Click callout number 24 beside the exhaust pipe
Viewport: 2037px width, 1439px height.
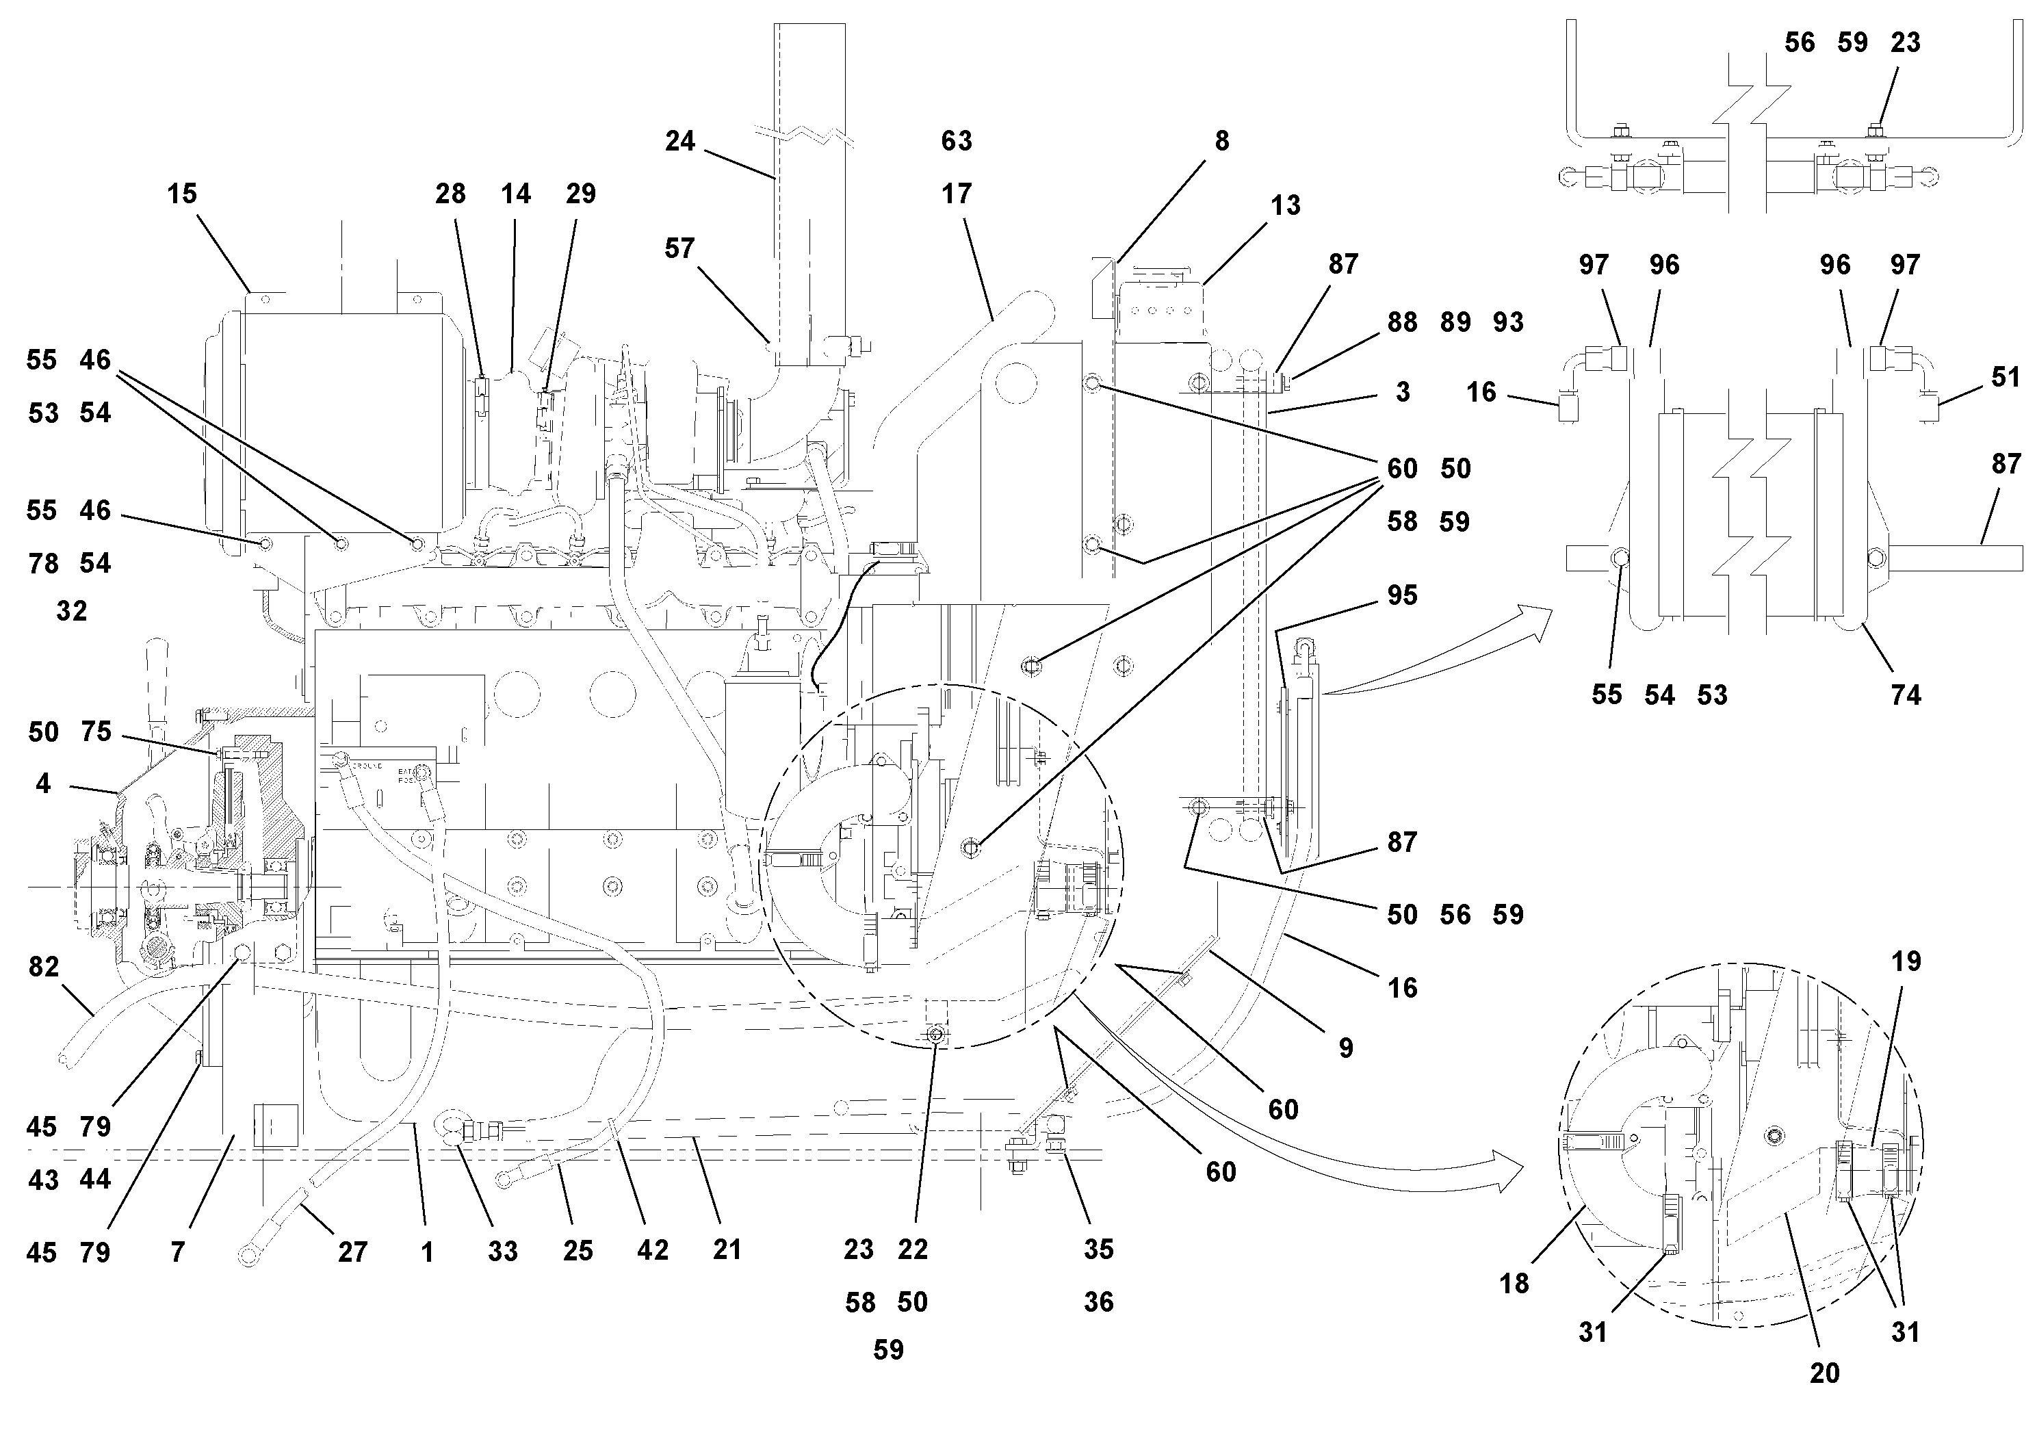pyautogui.click(x=679, y=141)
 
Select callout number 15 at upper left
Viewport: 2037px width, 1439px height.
pyautogui.click(x=182, y=194)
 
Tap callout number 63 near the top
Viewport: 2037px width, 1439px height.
pyautogui.click(x=957, y=140)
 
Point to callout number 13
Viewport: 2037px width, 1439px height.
pyautogui.click(x=1284, y=205)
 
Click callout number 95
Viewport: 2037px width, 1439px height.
pyautogui.click(x=1402, y=595)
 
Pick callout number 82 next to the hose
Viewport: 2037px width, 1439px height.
pyautogui.click(x=44, y=966)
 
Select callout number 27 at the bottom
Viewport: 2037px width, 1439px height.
pyautogui.click(x=352, y=1252)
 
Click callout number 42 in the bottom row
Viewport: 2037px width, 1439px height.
pyautogui.click(x=652, y=1250)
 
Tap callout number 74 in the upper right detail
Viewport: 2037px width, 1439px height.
pyautogui.click(x=1906, y=695)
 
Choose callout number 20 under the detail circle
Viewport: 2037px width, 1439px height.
pyautogui.click(x=1824, y=1373)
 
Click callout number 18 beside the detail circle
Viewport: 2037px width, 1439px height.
pyautogui.click(x=1514, y=1283)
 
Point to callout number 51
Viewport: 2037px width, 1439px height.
pyautogui.click(x=2005, y=377)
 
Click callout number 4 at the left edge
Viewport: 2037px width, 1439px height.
pyautogui.click(x=42, y=783)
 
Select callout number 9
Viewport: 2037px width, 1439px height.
pyautogui.click(x=1346, y=1048)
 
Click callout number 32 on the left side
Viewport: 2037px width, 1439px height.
pyautogui.click(x=72, y=610)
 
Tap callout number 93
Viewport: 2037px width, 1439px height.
pyautogui.click(x=1508, y=322)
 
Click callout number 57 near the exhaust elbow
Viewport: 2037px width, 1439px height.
pyautogui.click(x=679, y=248)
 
